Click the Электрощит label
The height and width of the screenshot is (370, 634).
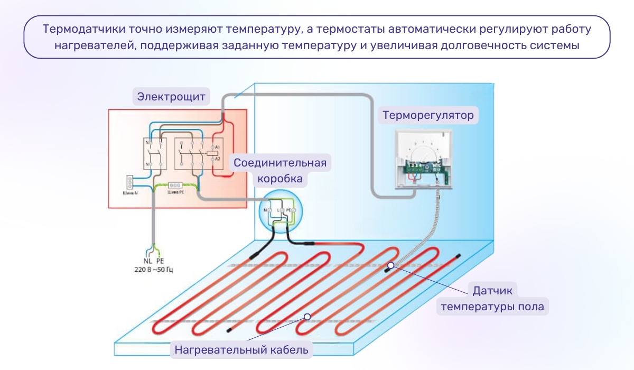171,97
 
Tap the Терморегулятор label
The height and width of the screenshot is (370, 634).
428,115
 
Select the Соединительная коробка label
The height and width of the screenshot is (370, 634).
280,170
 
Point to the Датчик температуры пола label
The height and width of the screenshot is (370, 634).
492,298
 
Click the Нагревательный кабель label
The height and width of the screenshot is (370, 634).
241,349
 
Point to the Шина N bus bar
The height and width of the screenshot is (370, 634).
128,182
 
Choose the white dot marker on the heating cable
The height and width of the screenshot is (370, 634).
307,317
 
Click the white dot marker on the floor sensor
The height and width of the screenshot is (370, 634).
390,265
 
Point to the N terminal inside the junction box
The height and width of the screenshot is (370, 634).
266,210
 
